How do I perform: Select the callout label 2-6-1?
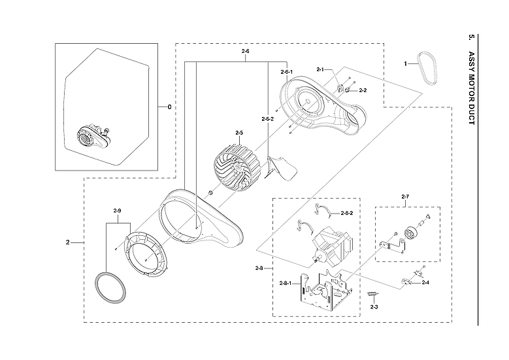pyautogui.click(x=286, y=72)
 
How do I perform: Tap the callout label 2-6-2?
pyautogui.click(x=267, y=119)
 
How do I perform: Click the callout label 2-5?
pyautogui.click(x=238, y=133)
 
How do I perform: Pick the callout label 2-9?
pyautogui.click(x=118, y=210)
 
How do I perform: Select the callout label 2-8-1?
pyautogui.click(x=286, y=283)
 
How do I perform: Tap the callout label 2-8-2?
pyautogui.click(x=348, y=214)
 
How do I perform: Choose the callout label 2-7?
pyautogui.click(x=405, y=196)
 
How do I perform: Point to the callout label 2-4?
pyautogui.click(x=425, y=282)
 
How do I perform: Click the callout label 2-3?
pyautogui.click(x=374, y=306)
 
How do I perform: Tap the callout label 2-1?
pyautogui.click(x=320, y=69)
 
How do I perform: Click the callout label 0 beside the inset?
pyautogui.click(x=169, y=107)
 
